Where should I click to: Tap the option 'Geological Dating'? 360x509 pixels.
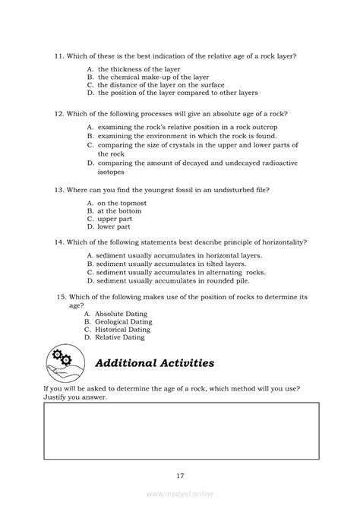tap(123, 321)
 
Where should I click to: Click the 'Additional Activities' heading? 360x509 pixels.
tap(154, 363)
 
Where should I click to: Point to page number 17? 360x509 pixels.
tap(180, 477)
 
